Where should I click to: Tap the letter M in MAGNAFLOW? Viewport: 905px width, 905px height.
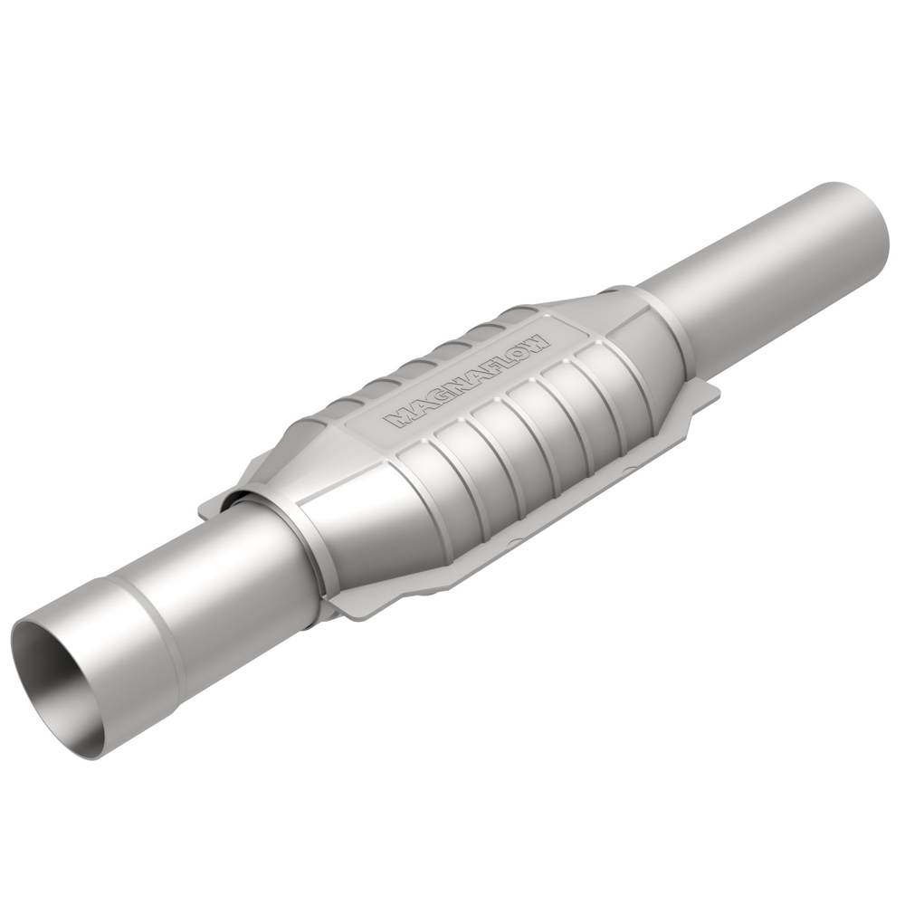(396, 420)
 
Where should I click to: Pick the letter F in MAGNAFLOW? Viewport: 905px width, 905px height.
(483, 372)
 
